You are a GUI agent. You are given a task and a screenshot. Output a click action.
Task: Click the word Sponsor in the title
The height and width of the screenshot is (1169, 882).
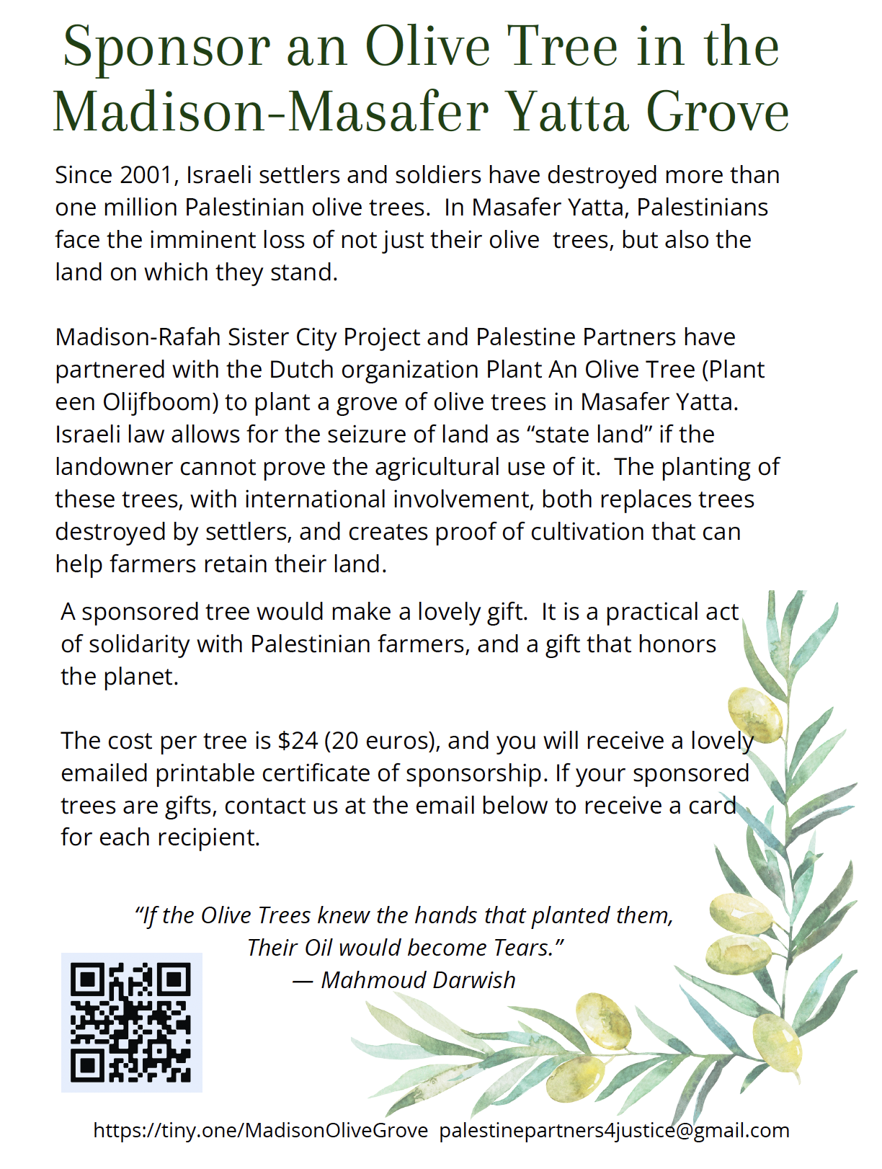point(166,47)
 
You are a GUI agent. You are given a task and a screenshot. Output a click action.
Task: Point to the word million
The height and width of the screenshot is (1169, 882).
point(141,208)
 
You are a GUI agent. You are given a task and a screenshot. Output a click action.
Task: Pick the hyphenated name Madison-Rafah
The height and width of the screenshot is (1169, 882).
point(138,337)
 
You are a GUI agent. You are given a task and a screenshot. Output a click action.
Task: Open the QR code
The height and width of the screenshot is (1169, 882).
point(131,1022)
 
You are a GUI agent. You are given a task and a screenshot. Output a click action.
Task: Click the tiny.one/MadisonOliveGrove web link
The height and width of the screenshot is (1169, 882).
point(260,1130)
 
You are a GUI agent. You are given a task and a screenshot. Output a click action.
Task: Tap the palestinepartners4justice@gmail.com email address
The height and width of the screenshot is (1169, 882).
point(614,1130)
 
